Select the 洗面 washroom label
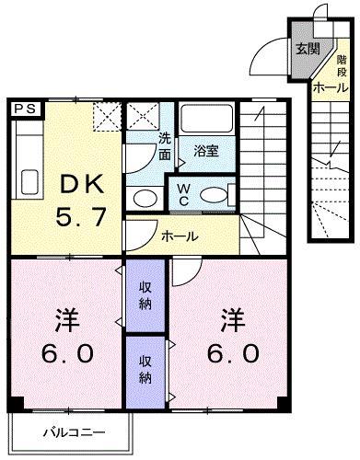pyautogui.click(x=163, y=148)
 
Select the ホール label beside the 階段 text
pyautogui.click(x=331, y=87)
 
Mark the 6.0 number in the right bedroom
pyautogui.click(x=232, y=353)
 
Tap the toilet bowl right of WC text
pyautogui.click(x=215, y=194)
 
